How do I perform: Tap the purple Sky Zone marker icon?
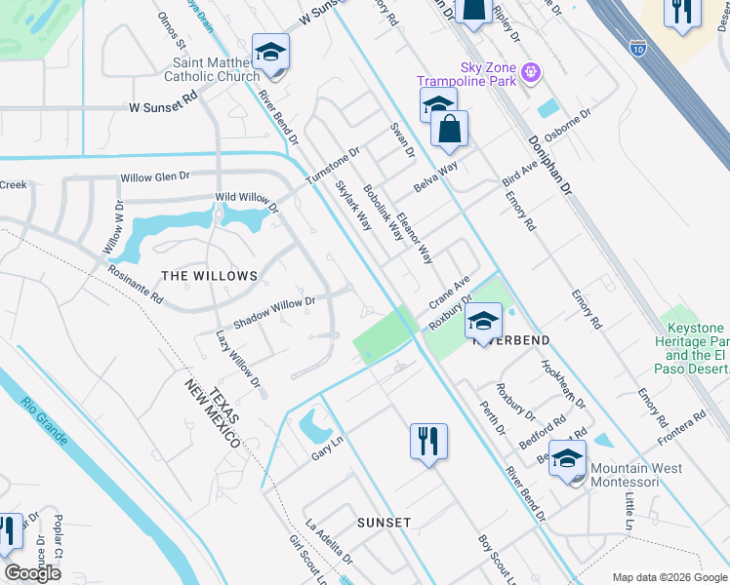click(531, 70)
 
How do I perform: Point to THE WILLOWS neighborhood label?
click(209, 276)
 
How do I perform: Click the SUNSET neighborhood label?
click(384, 523)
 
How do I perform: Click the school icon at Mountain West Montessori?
click(567, 458)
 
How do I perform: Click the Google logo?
click(32, 573)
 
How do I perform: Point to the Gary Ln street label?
click(328, 445)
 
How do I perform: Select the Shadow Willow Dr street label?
click(273, 310)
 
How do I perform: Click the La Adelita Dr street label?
click(329, 540)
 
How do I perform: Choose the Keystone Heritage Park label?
click(694, 342)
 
